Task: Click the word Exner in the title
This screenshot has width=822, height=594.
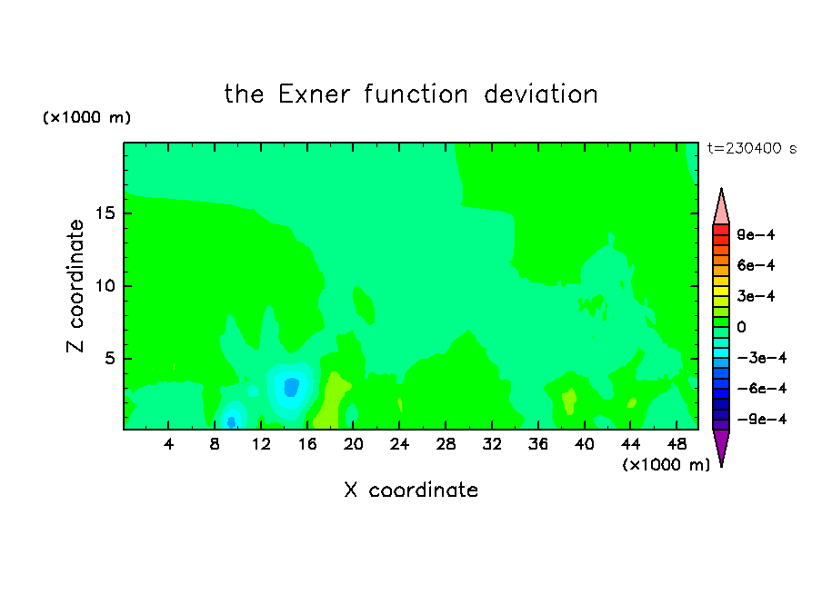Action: pos(314,94)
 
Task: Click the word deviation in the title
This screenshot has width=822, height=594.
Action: pos(540,94)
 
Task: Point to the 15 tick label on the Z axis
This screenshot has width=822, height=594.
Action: pos(105,213)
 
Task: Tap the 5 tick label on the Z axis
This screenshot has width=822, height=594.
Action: pos(109,358)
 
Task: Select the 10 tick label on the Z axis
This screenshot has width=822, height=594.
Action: pos(105,286)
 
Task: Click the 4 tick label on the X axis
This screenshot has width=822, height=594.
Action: pos(168,444)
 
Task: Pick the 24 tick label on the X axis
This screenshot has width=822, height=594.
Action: pos(399,444)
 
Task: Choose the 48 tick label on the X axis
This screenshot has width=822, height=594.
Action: pos(677,444)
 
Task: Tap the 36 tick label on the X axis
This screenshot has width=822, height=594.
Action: pos(538,444)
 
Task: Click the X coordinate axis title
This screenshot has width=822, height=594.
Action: pos(411,490)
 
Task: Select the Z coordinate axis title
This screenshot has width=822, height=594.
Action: pos(75,285)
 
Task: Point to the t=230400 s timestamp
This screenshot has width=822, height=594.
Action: pos(752,148)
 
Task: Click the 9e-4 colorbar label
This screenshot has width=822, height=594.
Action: pos(756,234)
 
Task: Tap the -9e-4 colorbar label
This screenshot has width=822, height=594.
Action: pos(762,419)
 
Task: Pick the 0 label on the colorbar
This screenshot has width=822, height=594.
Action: pos(741,327)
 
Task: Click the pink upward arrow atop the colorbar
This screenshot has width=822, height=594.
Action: pos(721,206)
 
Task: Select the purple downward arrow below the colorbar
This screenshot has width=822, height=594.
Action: pos(721,448)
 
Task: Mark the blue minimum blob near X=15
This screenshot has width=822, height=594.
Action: pos(291,387)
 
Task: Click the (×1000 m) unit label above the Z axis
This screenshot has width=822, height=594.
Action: pos(86,117)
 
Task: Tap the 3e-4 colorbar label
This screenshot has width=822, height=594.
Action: pos(756,296)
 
